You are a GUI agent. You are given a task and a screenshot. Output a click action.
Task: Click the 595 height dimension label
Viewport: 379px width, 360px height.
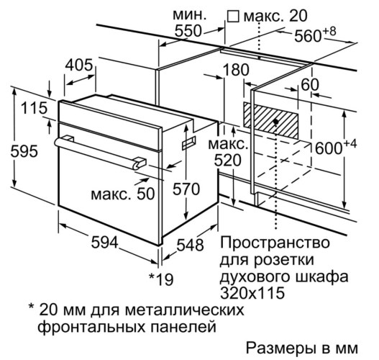coord(24,152)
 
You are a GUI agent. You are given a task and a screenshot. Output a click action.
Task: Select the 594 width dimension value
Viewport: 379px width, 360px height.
coord(105,243)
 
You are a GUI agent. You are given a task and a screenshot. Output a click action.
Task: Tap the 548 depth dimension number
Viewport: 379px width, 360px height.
coord(190,245)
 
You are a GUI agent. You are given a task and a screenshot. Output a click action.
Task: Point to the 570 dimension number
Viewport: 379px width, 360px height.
coord(186,189)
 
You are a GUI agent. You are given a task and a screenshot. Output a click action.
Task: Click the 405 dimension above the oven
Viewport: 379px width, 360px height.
coord(79,65)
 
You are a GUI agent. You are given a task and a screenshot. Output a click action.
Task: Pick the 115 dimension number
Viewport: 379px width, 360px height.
coord(34,108)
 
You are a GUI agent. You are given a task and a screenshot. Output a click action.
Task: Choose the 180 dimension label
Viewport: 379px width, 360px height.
coord(236,70)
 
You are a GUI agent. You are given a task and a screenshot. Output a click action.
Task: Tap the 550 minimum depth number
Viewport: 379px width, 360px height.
coord(188,31)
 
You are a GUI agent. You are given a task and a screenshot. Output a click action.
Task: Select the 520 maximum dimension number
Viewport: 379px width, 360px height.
coord(228,161)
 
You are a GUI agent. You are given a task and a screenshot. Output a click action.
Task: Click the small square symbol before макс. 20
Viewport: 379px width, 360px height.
coord(233,17)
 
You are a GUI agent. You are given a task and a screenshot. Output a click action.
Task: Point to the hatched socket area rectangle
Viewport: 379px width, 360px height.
coord(270,120)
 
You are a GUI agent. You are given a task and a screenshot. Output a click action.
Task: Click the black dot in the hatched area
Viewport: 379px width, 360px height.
coord(275,122)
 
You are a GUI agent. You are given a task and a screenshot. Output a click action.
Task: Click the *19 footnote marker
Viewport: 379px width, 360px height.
coord(161,279)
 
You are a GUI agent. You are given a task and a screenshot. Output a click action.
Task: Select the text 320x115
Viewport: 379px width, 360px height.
coord(252,293)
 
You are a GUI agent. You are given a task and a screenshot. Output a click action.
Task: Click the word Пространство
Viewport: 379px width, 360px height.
coord(275,243)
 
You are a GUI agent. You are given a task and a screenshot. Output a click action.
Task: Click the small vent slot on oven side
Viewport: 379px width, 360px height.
coord(188,143)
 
